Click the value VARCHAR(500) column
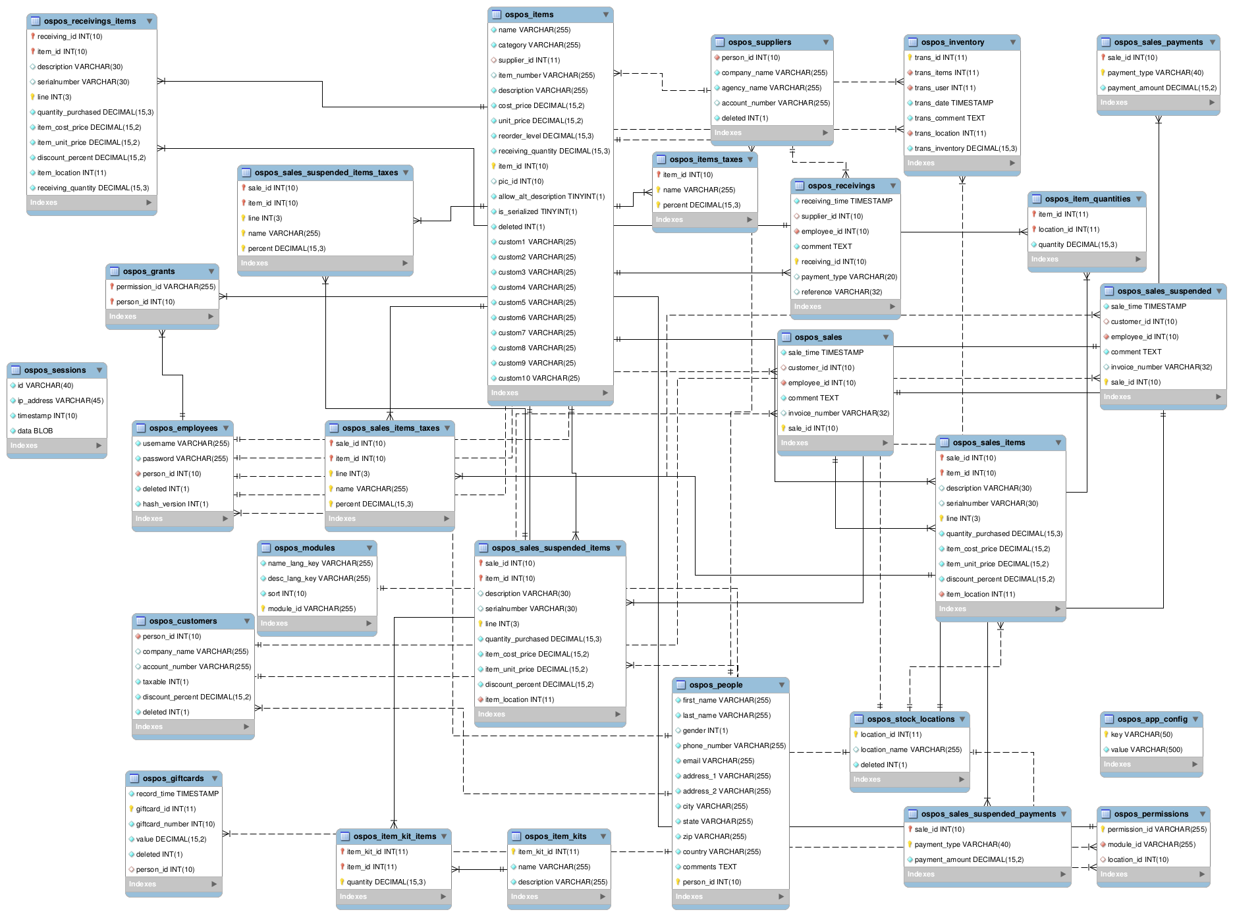pos(1146,749)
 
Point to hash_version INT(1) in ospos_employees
pos(175,504)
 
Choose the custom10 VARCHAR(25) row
pos(539,378)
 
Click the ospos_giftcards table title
pos(173,778)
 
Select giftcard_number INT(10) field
pos(175,824)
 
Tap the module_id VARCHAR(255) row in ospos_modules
pos(312,608)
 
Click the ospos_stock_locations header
pos(910,719)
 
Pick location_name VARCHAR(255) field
pos(911,749)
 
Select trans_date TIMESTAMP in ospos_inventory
pos(954,103)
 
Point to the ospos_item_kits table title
pos(555,836)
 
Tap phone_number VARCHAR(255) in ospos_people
pos(734,745)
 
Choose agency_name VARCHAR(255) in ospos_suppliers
pos(771,88)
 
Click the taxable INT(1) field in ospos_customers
pos(165,682)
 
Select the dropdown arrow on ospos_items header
pos(605,14)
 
